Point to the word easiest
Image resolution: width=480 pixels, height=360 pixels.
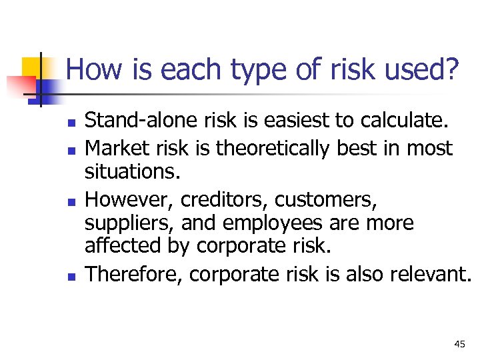click(279, 121)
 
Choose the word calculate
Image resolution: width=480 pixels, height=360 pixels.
click(391, 121)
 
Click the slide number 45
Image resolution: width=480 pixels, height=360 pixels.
click(459, 344)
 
